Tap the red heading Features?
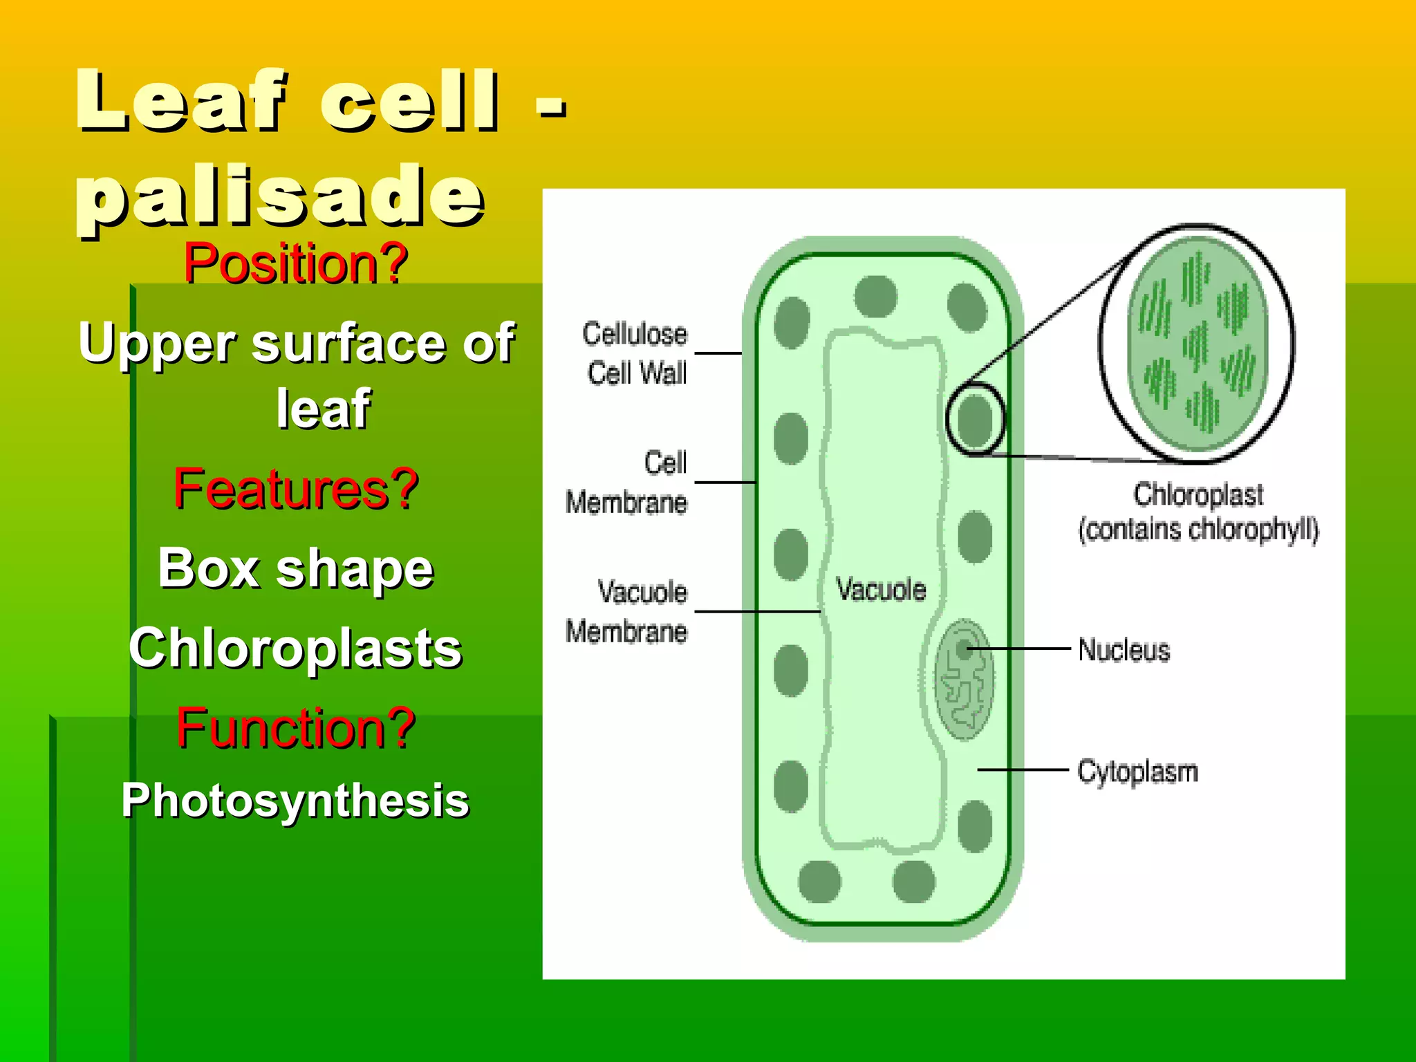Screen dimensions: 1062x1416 (x=296, y=489)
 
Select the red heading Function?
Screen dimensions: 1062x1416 (x=296, y=728)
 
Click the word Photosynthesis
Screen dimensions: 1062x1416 (x=296, y=801)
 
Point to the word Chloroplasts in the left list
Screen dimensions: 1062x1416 (x=296, y=649)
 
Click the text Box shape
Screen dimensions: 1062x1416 (x=296, y=568)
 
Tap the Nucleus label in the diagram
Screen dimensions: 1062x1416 (x=1124, y=651)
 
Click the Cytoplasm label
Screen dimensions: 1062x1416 (x=1137, y=772)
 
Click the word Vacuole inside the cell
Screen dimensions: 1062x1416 (x=881, y=590)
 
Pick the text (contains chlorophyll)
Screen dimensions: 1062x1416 (x=1198, y=530)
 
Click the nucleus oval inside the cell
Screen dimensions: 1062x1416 (x=964, y=680)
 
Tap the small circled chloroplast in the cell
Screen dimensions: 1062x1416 (x=975, y=419)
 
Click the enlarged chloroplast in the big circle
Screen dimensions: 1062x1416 (x=1198, y=344)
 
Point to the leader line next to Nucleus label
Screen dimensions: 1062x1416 (x=1023, y=649)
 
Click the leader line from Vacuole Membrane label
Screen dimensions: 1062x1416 (x=757, y=612)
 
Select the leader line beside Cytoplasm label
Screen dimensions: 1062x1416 (x=1023, y=769)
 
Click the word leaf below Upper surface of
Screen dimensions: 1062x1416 (x=324, y=409)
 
